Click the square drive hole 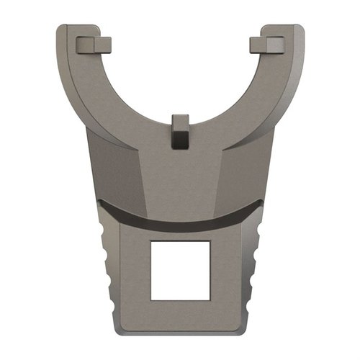tap(180, 270)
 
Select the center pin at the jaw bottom tap(180, 130)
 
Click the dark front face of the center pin tap(180, 140)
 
